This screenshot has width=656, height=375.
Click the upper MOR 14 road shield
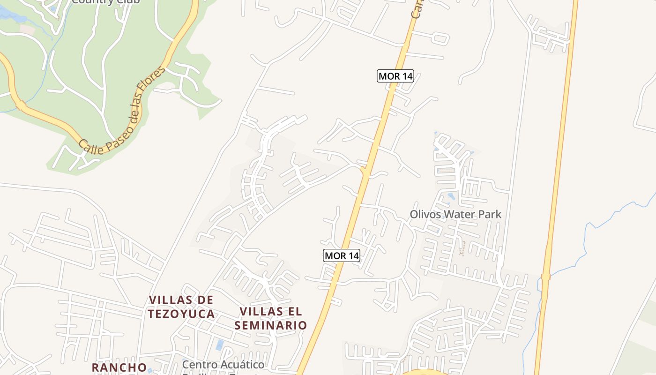tap(395, 76)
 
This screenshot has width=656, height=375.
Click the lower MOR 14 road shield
tap(342, 255)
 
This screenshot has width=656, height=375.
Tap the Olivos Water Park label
tap(455, 215)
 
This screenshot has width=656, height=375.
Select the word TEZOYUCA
tap(181, 314)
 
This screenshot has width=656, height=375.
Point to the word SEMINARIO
tap(271, 325)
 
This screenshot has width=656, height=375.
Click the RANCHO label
tap(119, 367)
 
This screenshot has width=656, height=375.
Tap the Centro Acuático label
tap(223, 365)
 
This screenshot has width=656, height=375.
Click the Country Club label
tap(105, 1)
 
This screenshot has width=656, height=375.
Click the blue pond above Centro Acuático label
tap(220, 345)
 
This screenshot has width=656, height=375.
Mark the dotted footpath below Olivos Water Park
tap(463, 248)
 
